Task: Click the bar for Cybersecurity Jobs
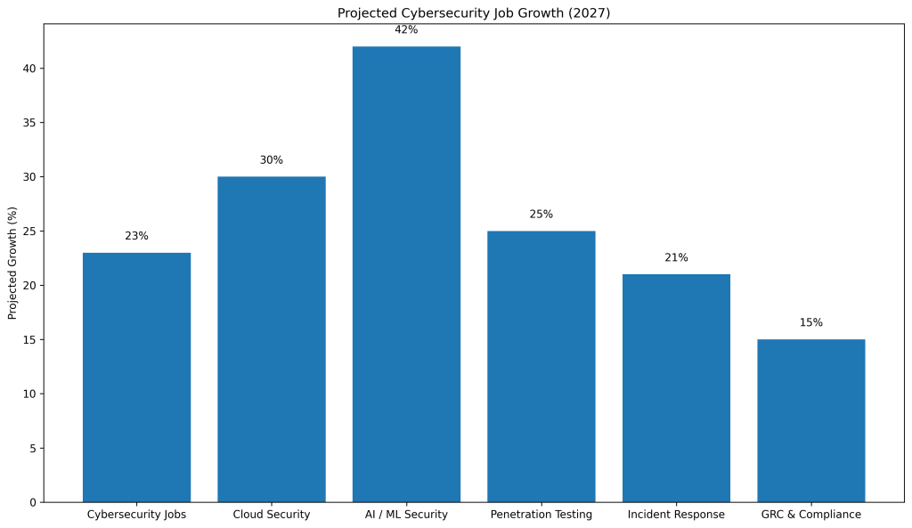coord(136,378)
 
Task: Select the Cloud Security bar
coord(272,339)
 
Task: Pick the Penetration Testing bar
coord(541,366)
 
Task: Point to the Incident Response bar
coord(676,388)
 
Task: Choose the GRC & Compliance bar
coord(810,420)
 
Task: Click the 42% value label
coord(406,30)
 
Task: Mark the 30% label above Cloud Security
coord(272,160)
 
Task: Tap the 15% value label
coord(810,322)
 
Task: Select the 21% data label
coord(676,257)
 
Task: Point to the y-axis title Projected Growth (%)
coord(12,263)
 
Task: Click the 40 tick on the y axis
coord(29,69)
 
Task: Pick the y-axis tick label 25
coord(29,232)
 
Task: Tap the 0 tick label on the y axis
coord(33,502)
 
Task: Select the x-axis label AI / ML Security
coord(406,515)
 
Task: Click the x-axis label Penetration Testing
coord(541,515)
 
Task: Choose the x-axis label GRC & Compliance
coord(810,515)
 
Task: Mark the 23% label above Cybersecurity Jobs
coord(136,236)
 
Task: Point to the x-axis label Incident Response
coord(676,515)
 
